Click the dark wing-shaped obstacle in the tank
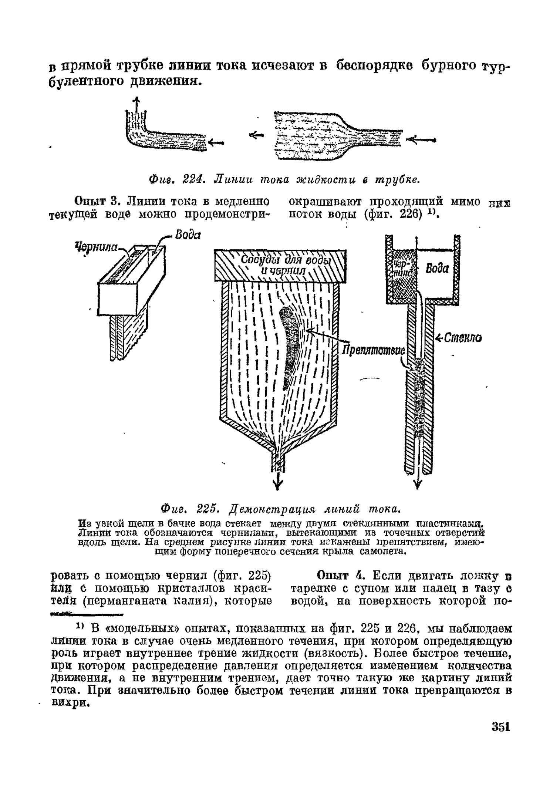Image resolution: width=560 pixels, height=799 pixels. [289, 346]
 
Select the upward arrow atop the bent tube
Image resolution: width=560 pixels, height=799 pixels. [137, 103]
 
